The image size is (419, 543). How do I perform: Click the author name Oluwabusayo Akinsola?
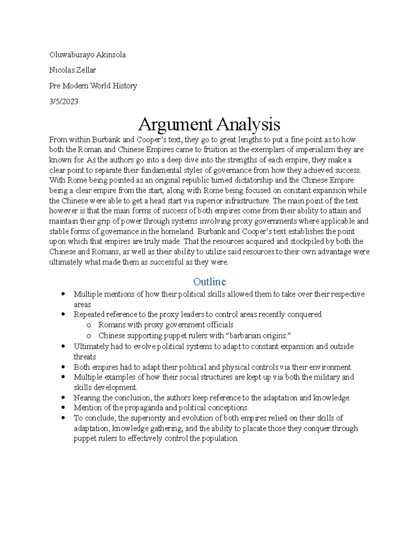[87, 55]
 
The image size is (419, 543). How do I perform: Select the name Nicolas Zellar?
[72, 70]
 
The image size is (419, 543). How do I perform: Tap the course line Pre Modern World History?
[93, 86]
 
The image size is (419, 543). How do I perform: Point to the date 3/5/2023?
[64, 102]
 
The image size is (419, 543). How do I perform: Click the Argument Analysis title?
[209, 124]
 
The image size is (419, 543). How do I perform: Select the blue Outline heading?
[209, 282]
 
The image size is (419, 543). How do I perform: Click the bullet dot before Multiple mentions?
[63, 294]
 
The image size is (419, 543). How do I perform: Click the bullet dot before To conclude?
[63, 418]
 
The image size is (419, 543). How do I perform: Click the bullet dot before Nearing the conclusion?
[63, 398]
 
